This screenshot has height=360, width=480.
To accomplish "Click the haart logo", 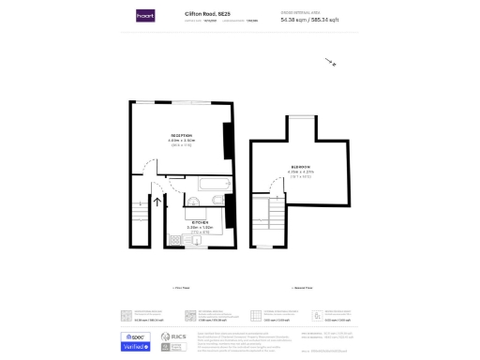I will click(x=145, y=16).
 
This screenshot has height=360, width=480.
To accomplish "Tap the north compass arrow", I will click(x=330, y=63).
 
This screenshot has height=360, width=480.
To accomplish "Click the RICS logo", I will click(x=170, y=337).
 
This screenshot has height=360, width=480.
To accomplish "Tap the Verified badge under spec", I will click(x=136, y=347).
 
